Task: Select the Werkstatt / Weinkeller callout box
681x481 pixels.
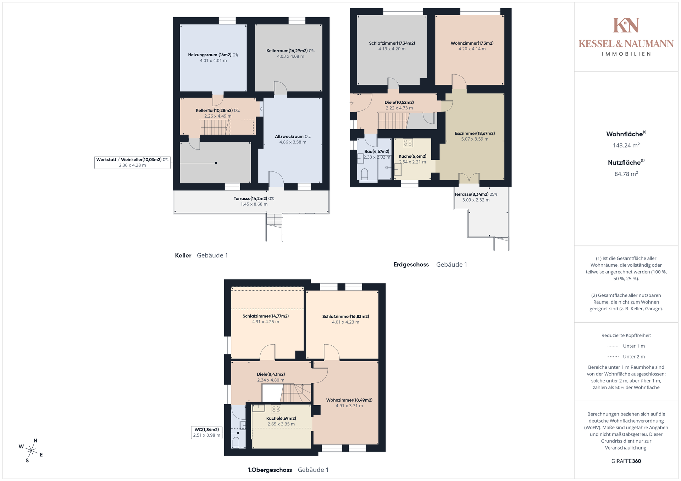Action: pyautogui.click(x=132, y=162)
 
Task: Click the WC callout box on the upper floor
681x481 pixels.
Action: pyautogui.click(x=207, y=432)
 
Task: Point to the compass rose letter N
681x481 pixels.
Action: pyautogui.click(x=35, y=441)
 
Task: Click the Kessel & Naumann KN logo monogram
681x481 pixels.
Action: pyautogui.click(x=626, y=25)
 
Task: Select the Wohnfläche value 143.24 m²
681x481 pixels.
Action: pyautogui.click(x=626, y=145)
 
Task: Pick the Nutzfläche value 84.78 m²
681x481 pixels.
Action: pyautogui.click(x=626, y=174)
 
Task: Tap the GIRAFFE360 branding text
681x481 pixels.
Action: pyautogui.click(x=626, y=461)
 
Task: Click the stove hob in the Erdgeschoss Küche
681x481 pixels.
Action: pyautogui.click(x=408, y=143)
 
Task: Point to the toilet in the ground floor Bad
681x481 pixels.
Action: pyautogui.click(x=364, y=174)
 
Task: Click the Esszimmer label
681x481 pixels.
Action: pyautogui.click(x=475, y=134)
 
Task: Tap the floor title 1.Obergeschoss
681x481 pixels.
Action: pyautogui.click(x=270, y=470)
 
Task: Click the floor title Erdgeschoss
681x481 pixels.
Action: pyautogui.click(x=411, y=265)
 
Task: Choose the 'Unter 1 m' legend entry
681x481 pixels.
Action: pyautogui.click(x=626, y=346)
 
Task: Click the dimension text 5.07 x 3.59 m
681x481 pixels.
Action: pyautogui.click(x=475, y=139)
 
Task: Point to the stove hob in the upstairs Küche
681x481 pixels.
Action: pyautogui.click(x=276, y=409)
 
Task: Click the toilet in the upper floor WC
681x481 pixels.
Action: pyautogui.click(x=236, y=442)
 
